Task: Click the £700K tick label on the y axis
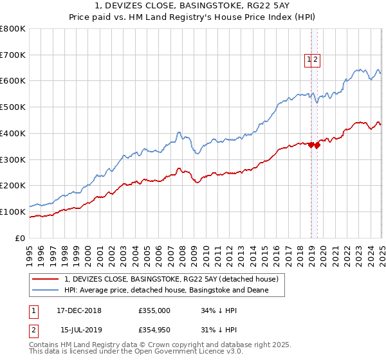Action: click(13, 55)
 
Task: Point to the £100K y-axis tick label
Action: click(13, 212)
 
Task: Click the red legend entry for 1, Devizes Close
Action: click(170, 279)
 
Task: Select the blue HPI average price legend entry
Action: click(166, 291)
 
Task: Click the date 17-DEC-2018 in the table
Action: click(79, 310)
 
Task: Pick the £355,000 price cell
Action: click(154, 310)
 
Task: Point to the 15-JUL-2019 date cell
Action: click(78, 330)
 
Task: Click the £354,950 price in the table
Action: click(154, 330)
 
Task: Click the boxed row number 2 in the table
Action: click(32, 330)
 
